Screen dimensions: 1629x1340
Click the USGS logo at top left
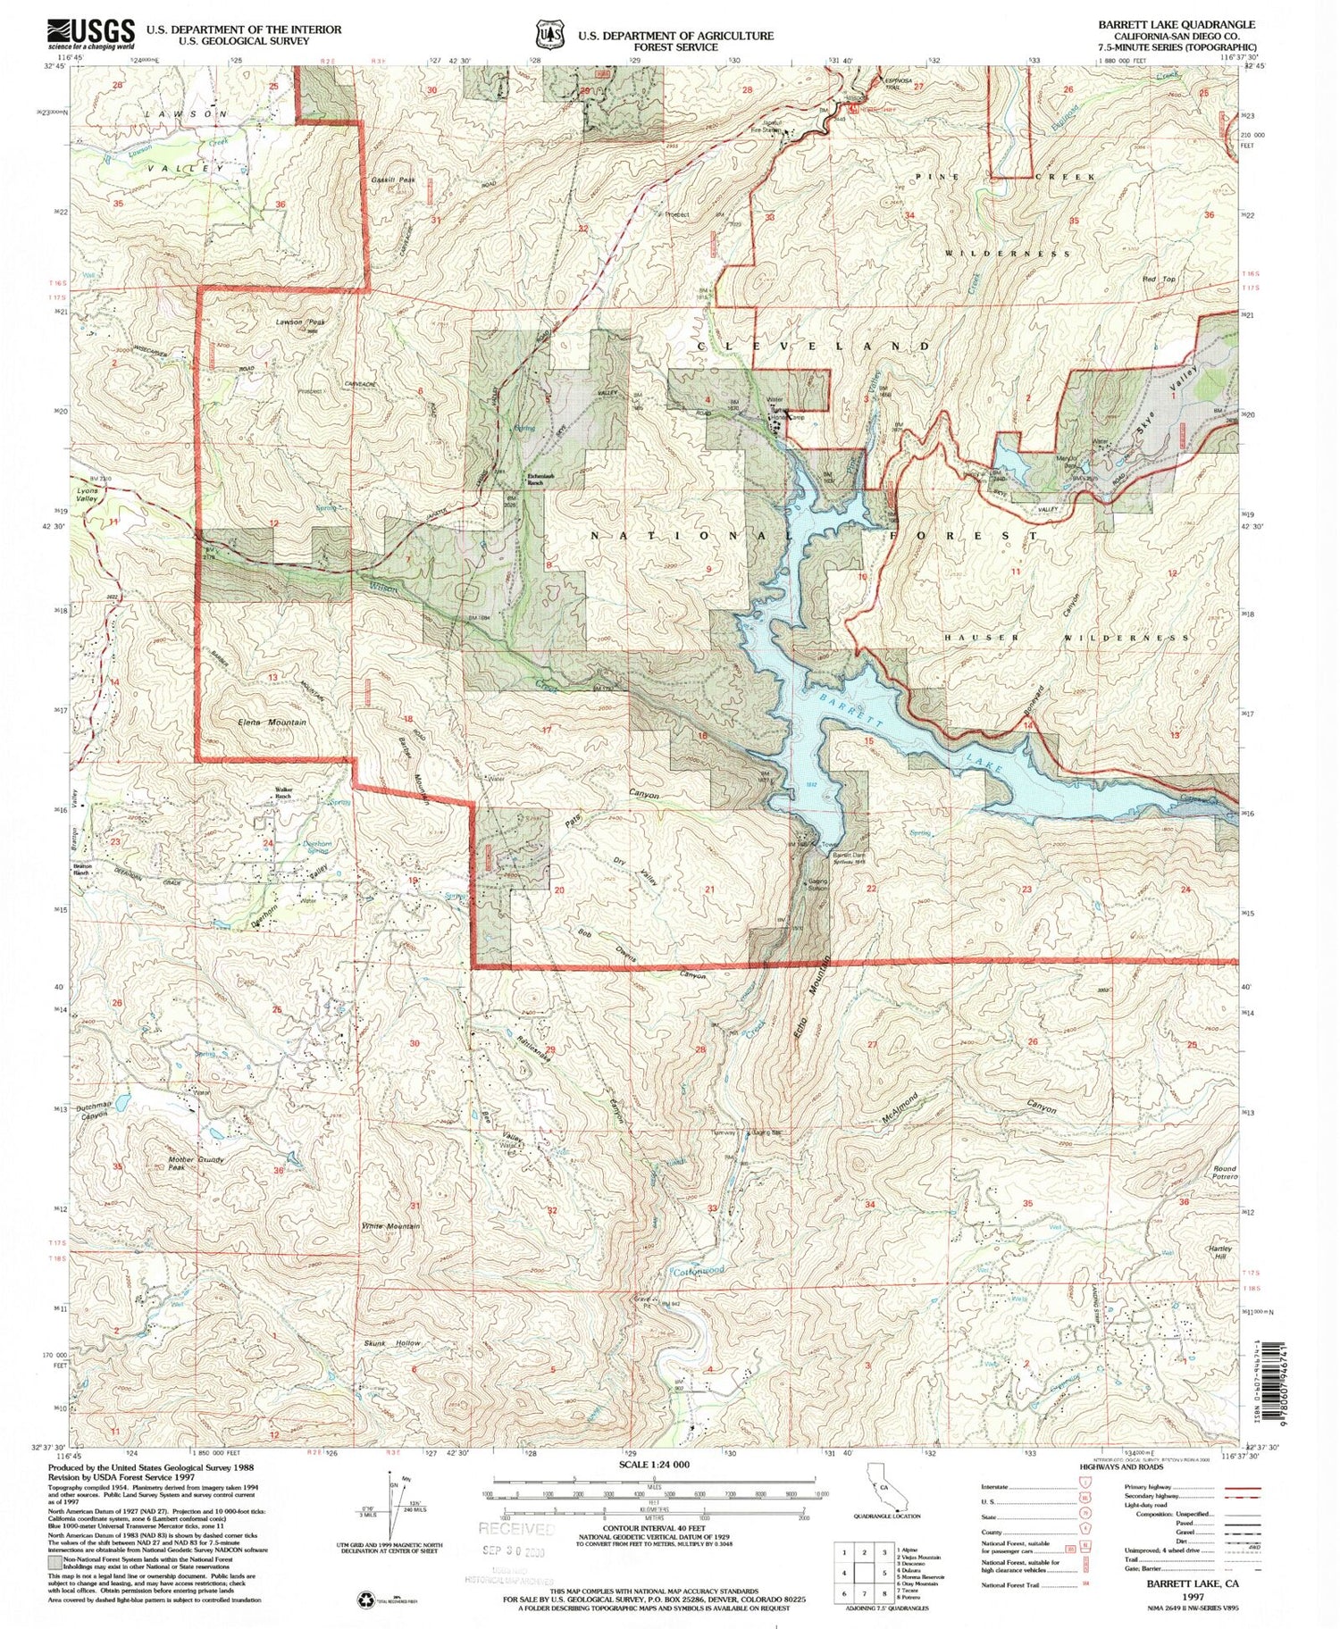click(92, 36)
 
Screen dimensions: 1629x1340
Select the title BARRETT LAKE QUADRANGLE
click(1181, 25)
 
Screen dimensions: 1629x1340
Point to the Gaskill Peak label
click(394, 180)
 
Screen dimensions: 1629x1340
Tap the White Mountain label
click(390, 1226)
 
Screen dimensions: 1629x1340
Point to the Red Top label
click(1160, 280)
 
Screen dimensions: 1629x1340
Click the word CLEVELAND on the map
click(813, 346)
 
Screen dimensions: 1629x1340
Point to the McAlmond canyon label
click(900, 1108)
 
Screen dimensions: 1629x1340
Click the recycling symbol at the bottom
click(366, 1600)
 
